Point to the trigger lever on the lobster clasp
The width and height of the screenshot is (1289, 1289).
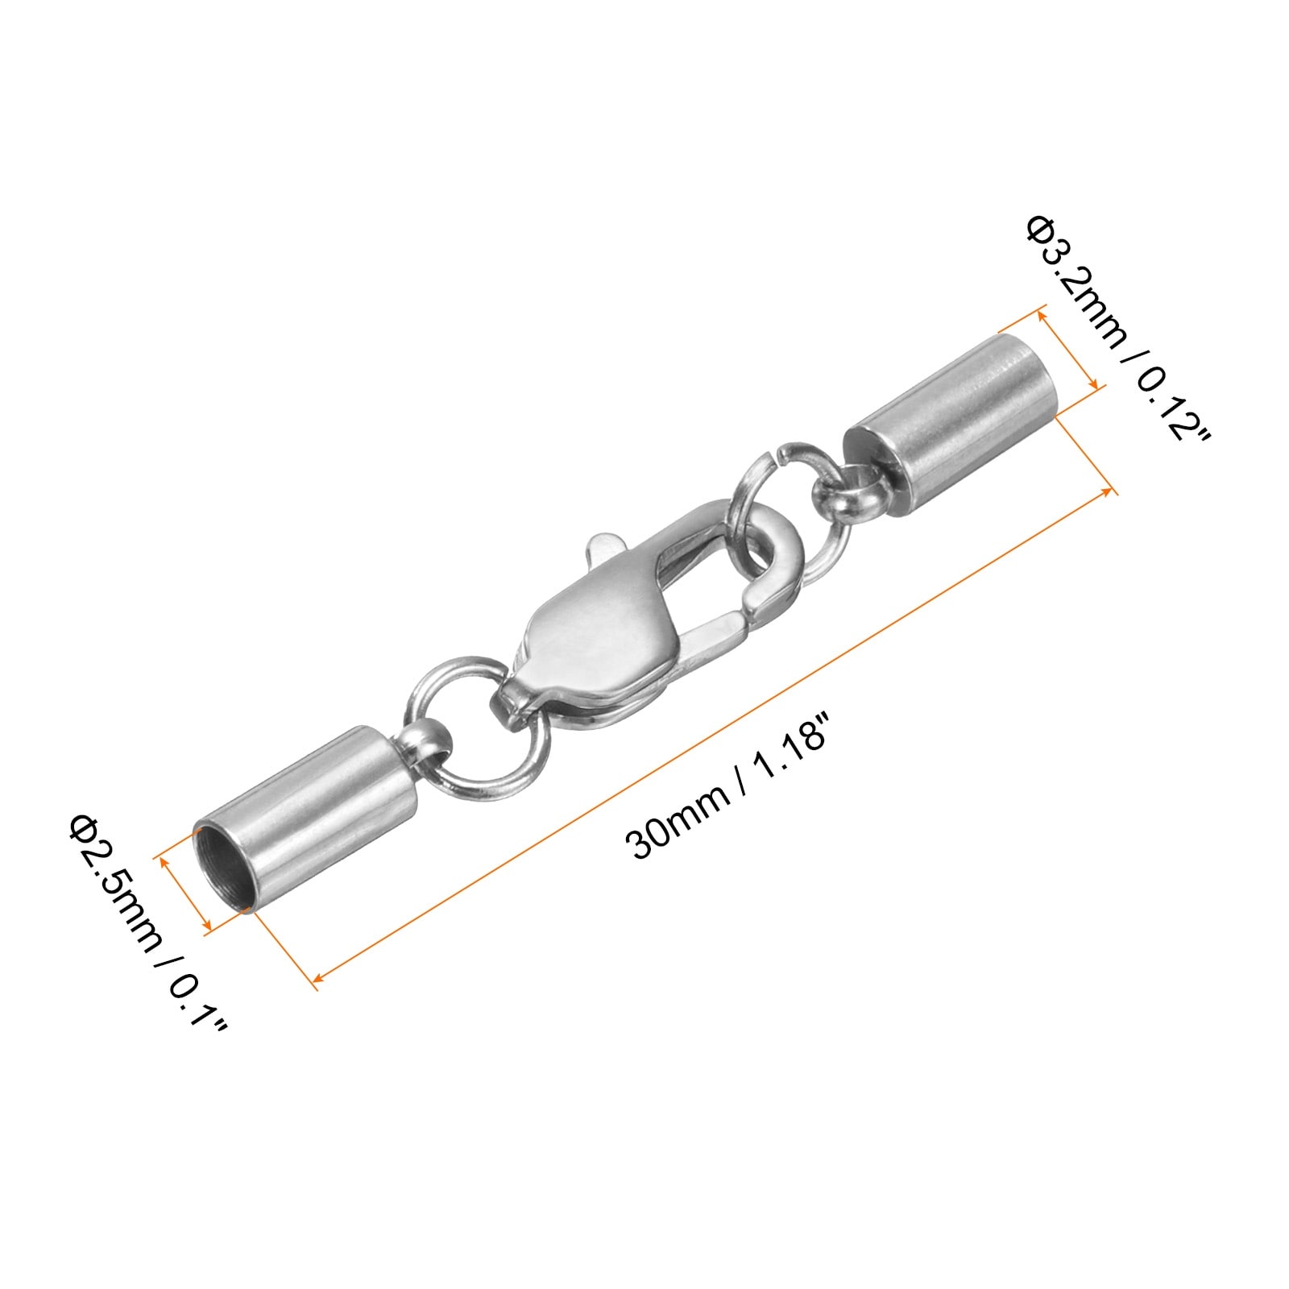coord(604,550)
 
